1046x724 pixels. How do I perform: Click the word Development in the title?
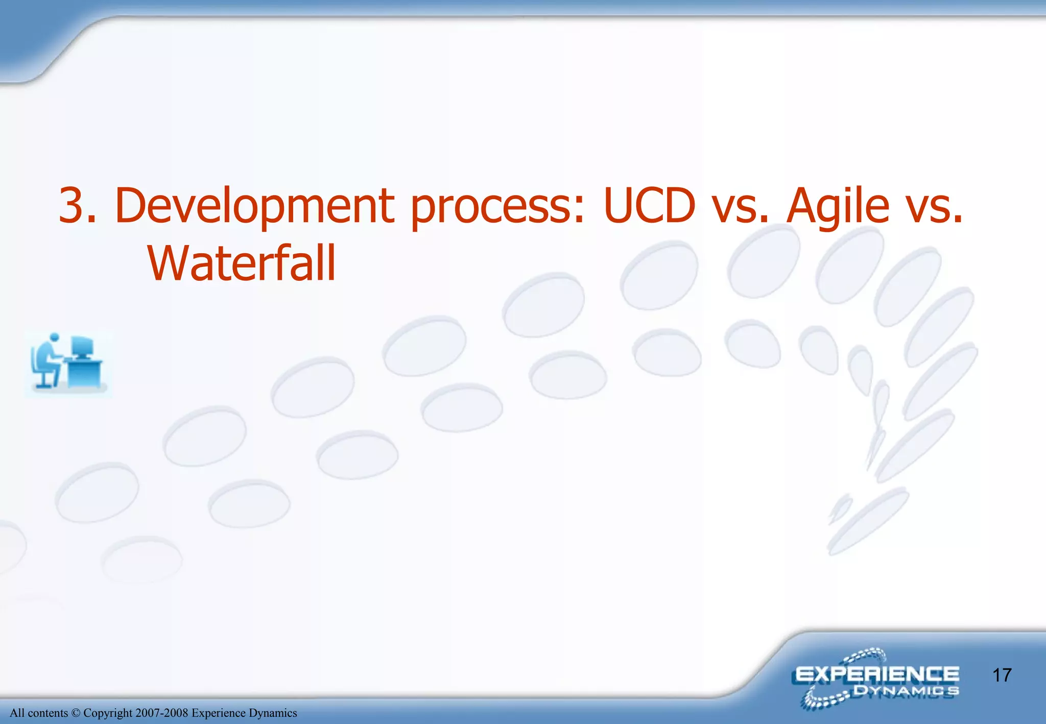coord(254,206)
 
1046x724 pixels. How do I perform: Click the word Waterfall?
coord(242,263)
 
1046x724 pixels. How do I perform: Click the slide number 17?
coord(1002,675)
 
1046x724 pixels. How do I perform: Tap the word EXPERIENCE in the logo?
coord(877,674)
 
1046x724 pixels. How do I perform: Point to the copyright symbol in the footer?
coord(76,713)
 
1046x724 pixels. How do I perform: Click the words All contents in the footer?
coord(39,713)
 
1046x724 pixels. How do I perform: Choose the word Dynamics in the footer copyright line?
coord(273,713)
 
